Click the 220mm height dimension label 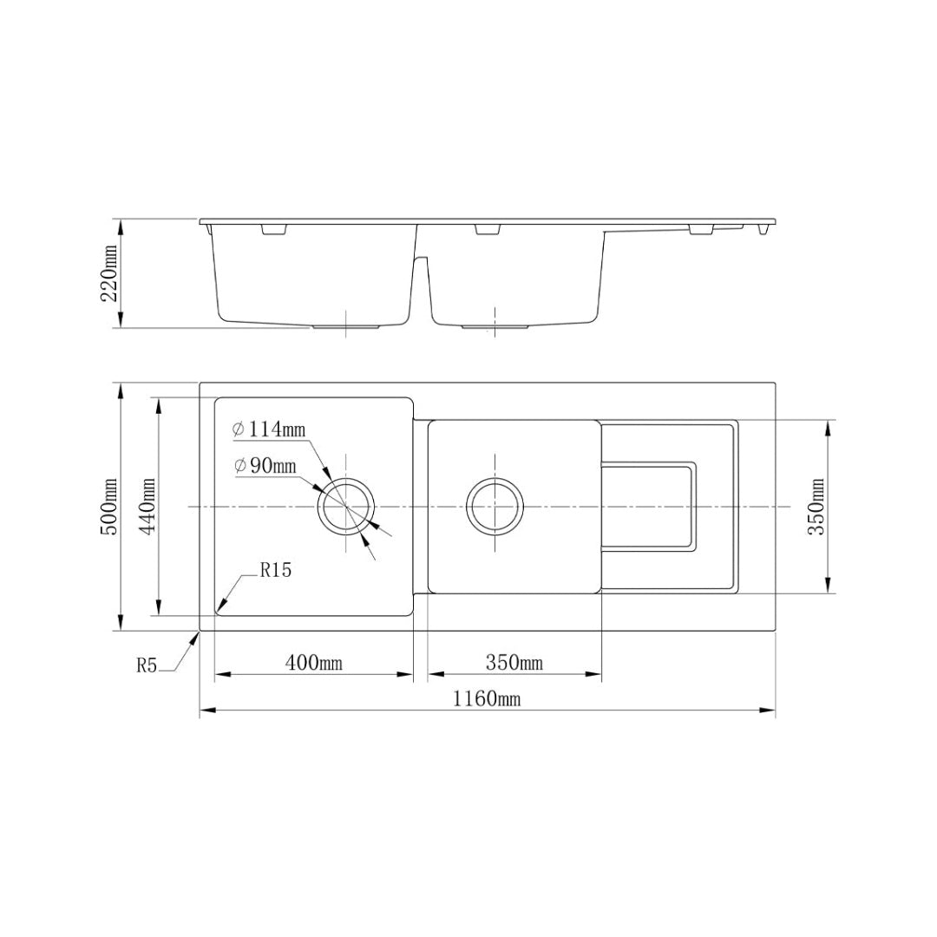pos(109,273)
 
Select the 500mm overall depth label pos(109,507)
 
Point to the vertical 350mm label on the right pos(816,507)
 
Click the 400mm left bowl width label pos(314,664)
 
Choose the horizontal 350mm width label pos(514,664)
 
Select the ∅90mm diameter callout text pos(265,466)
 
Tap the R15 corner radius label pos(275,571)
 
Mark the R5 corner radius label pos(146,665)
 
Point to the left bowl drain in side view pos(346,328)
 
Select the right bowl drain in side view pos(495,328)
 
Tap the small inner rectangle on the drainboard pos(649,507)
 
